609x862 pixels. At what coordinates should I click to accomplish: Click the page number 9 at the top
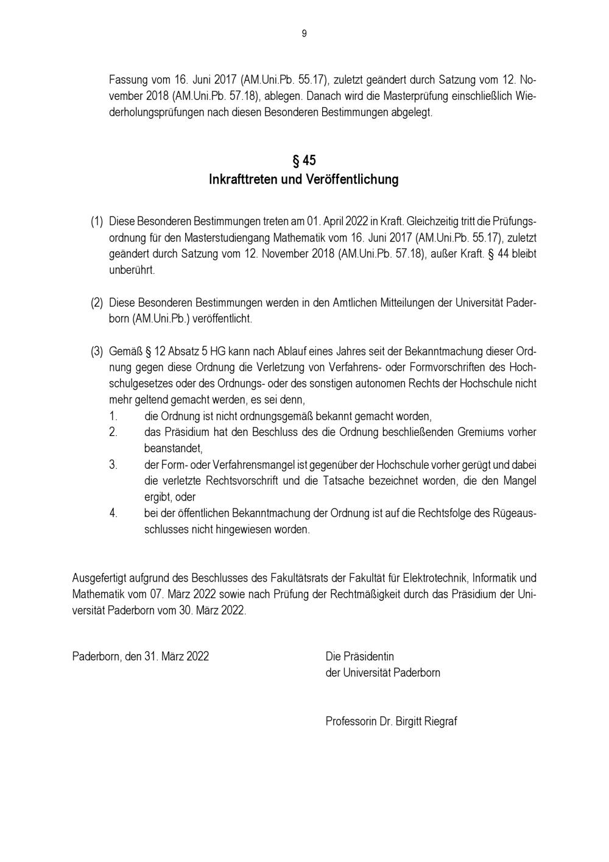304,34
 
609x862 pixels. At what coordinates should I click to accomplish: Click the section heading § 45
304,161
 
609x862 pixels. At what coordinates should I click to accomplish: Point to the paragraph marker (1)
97,220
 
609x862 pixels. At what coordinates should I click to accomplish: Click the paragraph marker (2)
97,302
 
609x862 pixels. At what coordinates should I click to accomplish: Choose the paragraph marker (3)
97,352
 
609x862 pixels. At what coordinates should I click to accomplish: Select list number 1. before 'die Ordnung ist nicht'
114,416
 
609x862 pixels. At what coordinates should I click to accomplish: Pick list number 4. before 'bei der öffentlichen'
114,513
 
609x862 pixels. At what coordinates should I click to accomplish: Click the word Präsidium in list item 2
186,432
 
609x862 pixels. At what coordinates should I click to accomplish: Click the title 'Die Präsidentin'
360,657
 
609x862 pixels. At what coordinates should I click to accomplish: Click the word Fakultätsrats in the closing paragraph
299,577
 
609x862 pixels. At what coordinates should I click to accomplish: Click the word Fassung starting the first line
128,80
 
